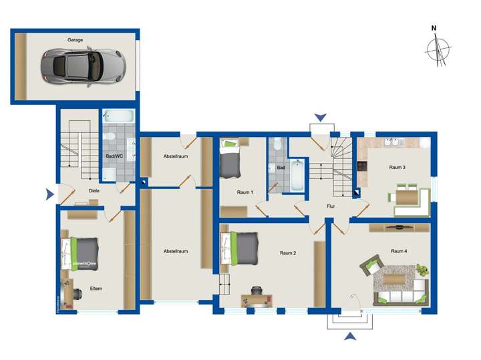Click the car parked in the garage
82,65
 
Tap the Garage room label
75,40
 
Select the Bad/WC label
114,156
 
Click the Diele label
95,190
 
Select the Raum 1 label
245,192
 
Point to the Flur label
331,207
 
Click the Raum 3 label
397,167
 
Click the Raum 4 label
399,250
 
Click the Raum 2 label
288,252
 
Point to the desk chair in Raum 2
257,290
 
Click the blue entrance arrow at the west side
49,195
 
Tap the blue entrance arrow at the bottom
349,337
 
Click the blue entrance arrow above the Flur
321,118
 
